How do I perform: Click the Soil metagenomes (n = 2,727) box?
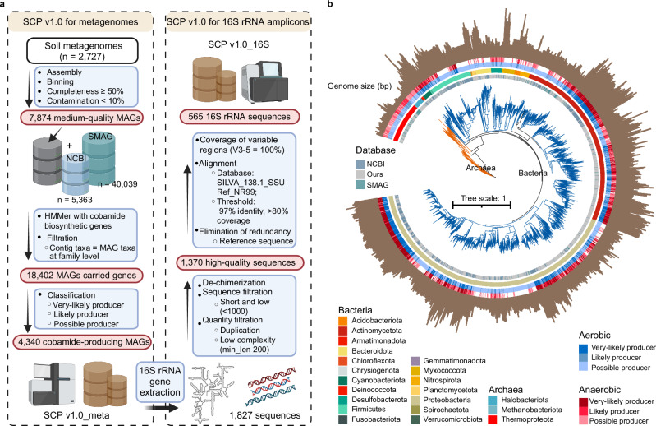point(82,51)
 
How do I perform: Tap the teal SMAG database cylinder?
point(99,159)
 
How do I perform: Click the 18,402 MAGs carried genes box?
point(81,276)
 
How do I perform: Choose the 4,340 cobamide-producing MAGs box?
point(81,342)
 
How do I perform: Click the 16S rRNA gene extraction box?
point(160,382)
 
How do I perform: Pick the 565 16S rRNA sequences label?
point(239,117)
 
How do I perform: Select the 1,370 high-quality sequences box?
point(239,262)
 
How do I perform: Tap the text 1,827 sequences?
point(264,415)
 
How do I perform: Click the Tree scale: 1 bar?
point(482,206)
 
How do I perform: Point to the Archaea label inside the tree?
point(480,168)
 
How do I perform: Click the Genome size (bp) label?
point(360,86)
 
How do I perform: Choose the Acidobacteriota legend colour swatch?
point(343,321)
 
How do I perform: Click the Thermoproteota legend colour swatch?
point(493,419)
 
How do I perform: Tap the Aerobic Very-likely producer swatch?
point(583,348)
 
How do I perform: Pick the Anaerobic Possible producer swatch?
point(583,420)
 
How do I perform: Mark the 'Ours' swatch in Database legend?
point(360,174)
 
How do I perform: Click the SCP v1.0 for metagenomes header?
point(80,21)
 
